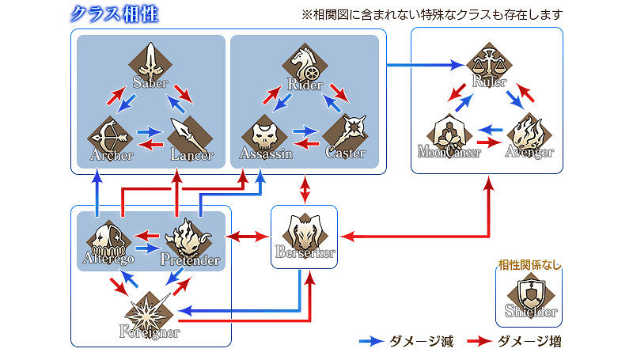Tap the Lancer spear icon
pyautogui.click(x=191, y=135)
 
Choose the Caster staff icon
pyautogui.click(x=346, y=134)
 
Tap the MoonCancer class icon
pyautogui.click(x=448, y=134)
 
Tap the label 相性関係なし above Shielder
pyautogui.click(x=529, y=265)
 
